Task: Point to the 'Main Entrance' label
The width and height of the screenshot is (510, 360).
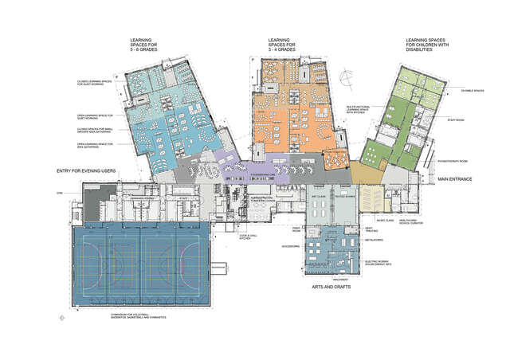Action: tap(455, 180)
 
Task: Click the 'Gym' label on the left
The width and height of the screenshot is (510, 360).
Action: tap(59, 194)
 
